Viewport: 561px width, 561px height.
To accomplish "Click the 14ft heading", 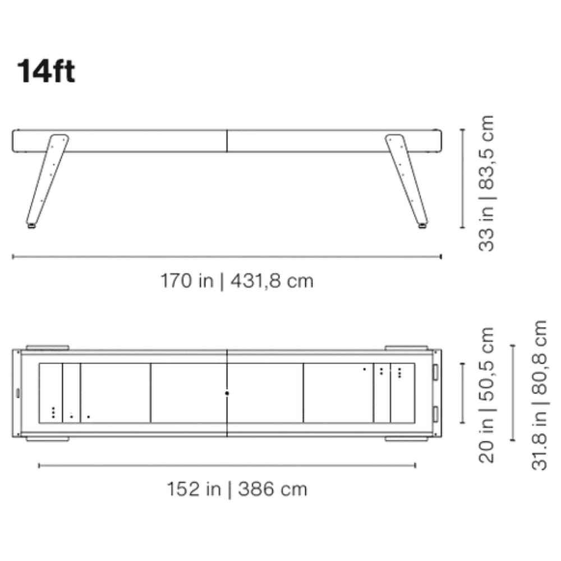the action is pos(46,71).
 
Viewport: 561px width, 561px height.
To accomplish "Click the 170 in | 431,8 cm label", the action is pos(237,281).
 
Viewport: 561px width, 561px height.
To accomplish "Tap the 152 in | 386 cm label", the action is pos(237,489).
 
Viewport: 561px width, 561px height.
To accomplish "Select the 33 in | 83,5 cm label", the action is pos(486,183).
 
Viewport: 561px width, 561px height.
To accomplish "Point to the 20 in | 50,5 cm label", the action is pos(486,395).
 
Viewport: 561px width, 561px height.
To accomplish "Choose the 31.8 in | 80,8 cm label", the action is pos(539,395).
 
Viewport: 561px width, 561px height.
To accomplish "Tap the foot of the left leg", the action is pos(31,226).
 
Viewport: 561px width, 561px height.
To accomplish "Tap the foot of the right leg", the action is pos(422,226).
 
